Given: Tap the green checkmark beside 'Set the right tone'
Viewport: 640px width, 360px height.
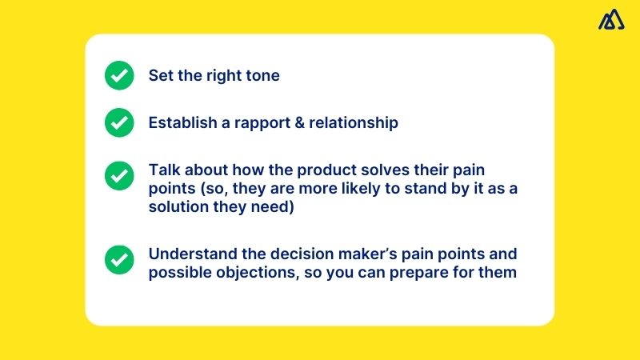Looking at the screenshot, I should (x=119, y=76).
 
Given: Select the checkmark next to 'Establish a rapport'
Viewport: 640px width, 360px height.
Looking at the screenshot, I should (x=119, y=122).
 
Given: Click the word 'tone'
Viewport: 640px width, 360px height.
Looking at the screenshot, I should (x=262, y=76).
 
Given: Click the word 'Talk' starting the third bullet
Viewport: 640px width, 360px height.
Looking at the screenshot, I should (x=163, y=171).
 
